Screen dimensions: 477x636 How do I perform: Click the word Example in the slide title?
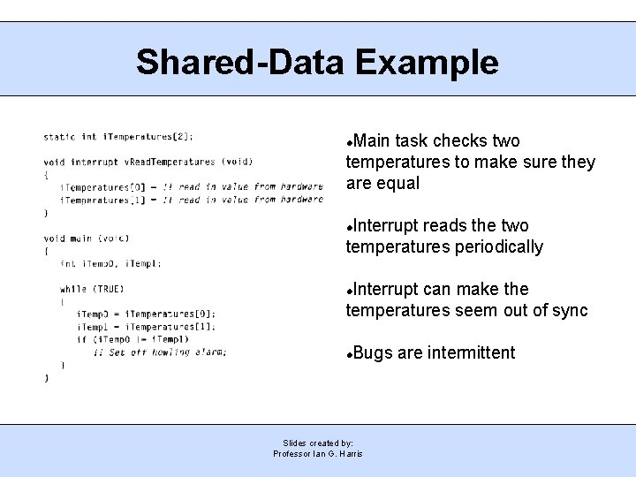tap(427, 63)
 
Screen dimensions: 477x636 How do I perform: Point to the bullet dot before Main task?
tap(350, 142)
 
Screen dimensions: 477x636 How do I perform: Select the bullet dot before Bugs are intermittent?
tap(350, 354)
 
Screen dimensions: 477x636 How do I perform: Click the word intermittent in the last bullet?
tap(471, 353)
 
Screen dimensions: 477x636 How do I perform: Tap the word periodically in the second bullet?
tap(499, 247)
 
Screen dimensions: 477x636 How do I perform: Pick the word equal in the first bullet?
tap(397, 184)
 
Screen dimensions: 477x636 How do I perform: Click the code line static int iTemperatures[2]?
tap(118, 137)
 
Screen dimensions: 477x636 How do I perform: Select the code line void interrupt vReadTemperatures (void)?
tap(148, 162)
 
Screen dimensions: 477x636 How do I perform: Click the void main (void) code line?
tap(87, 238)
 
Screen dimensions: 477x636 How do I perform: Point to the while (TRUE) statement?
tap(92, 289)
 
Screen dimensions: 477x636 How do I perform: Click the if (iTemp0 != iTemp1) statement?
tap(132, 339)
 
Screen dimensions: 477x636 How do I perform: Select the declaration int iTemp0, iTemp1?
tap(110, 263)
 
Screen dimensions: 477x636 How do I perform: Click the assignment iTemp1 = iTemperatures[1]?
tap(146, 327)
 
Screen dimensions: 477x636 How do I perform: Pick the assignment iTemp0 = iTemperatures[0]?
tap(146, 314)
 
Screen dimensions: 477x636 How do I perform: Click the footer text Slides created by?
tap(318, 443)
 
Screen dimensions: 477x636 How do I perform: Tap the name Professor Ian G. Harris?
tap(318, 454)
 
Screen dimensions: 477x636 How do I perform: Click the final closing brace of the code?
tap(47, 377)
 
